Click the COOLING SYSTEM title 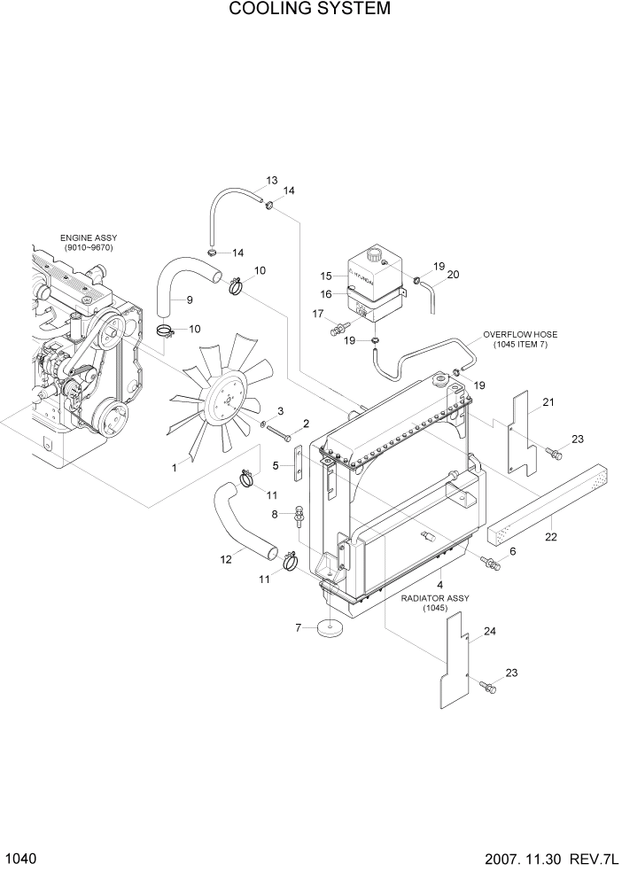click(x=309, y=10)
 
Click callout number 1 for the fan click(x=175, y=467)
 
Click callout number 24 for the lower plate click(x=489, y=632)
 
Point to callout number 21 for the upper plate click(x=548, y=403)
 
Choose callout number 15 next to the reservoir click(x=325, y=276)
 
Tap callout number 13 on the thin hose click(x=271, y=181)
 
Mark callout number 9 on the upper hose click(x=189, y=299)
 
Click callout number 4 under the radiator click(x=439, y=585)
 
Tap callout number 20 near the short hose click(x=453, y=275)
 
